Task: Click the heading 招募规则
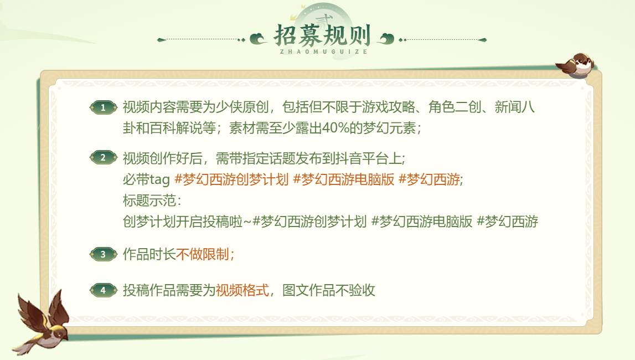point(322,35)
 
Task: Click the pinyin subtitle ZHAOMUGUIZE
point(323,52)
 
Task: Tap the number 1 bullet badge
point(104,107)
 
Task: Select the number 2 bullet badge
point(104,157)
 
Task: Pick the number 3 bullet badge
point(104,254)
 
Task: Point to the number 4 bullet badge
point(104,290)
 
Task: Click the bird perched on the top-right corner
point(575,65)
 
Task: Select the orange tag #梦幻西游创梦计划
point(231,179)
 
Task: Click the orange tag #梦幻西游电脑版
point(343,179)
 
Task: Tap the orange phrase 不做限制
point(203,254)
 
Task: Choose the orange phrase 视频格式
point(242,290)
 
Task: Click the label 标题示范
point(149,200)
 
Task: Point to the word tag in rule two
point(159,180)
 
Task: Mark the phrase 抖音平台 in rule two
point(362,158)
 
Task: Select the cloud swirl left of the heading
point(258,39)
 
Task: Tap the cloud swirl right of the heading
point(386,39)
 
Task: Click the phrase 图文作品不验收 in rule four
point(329,290)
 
